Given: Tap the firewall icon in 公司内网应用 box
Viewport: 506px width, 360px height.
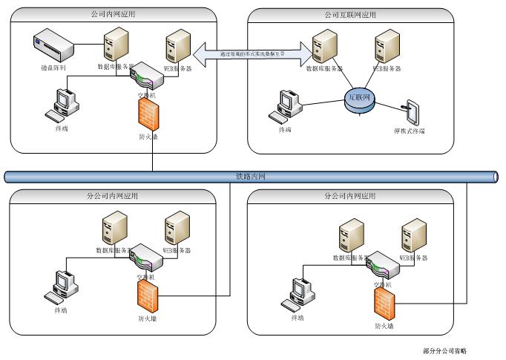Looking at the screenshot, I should (x=148, y=112).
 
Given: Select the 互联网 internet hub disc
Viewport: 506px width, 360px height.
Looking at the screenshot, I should (x=361, y=99).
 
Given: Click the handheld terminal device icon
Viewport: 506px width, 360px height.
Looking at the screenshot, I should (x=411, y=111).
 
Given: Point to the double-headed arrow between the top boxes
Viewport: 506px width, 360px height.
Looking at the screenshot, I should (x=257, y=53).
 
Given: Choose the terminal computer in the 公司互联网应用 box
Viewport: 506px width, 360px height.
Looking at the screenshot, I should (x=286, y=106).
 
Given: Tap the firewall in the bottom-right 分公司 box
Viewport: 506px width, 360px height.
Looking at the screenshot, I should (x=384, y=303).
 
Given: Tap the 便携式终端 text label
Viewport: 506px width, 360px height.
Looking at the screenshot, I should (x=410, y=131).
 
